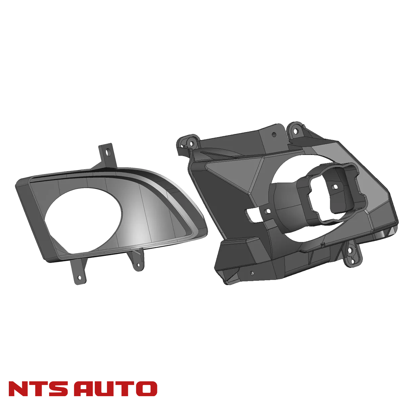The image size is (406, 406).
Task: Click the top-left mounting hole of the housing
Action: coord(192,144)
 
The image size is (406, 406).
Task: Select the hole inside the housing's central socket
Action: coord(334,186)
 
